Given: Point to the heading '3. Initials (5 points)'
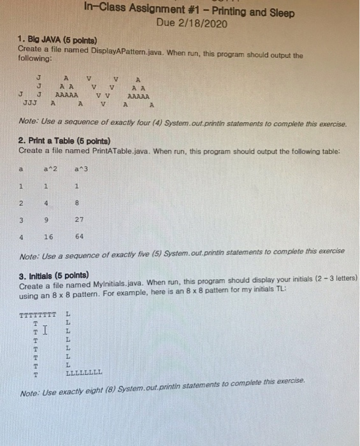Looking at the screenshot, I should pyautogui.click(x=58, y=275).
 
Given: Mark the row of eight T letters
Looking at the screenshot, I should pyautogui.click(x=38, y=315).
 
